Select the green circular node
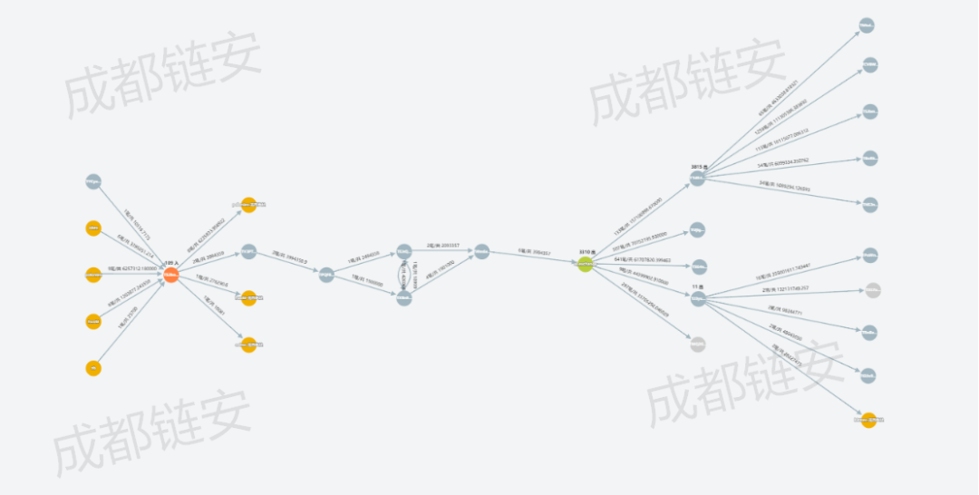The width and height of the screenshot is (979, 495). (x=586, y=265)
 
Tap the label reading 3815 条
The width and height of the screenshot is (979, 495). (x=698, y=168)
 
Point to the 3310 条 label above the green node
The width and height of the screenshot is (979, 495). (x=587, y=252)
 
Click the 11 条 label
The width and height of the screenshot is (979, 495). (x=698, y=286)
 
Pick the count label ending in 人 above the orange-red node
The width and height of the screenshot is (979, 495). (x=170, y=263)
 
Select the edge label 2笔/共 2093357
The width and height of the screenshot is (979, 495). (x=443, y=245)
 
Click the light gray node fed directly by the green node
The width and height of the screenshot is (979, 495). (x=697, y=345)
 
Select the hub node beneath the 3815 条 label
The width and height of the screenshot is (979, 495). (x=697, y=180)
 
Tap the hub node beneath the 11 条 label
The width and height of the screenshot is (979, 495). (x=698, y=298)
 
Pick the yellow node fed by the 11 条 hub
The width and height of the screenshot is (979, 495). (x=868, y=420)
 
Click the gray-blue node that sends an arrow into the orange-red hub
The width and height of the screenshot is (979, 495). (x=92, y=182)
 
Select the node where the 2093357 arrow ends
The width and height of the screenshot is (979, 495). (x=482, y=251)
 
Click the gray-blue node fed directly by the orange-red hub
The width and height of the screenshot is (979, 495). (x=248, y=251)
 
